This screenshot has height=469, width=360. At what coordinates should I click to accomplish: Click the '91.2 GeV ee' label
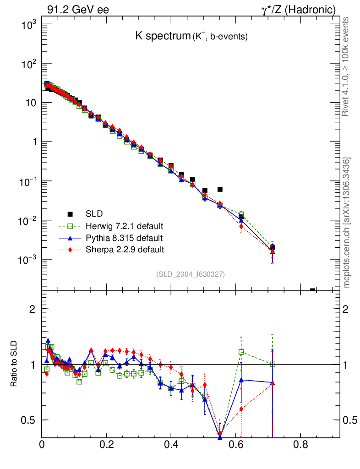point(78,10)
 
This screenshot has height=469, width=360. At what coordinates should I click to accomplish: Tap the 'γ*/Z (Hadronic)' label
point(298,10)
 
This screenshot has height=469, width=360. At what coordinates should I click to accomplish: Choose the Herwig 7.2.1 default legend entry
point(124,226)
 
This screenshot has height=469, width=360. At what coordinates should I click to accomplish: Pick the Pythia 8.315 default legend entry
point(124,238)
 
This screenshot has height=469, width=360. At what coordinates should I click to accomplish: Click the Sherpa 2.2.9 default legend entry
point(125,250)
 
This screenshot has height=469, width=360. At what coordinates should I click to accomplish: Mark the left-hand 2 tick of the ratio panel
point(32,309)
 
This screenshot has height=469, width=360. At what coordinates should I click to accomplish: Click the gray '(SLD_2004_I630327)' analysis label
point(190,274)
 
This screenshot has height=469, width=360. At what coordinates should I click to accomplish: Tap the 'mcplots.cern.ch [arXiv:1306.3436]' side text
point(347,223)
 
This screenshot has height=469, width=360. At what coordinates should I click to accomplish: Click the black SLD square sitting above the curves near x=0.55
point(220,189)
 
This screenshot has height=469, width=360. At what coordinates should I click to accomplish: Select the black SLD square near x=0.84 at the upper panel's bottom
point(313,290)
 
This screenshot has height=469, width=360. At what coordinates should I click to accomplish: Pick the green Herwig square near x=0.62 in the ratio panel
point(241,352)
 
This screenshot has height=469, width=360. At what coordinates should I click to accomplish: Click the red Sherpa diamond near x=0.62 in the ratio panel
point(241,409)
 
